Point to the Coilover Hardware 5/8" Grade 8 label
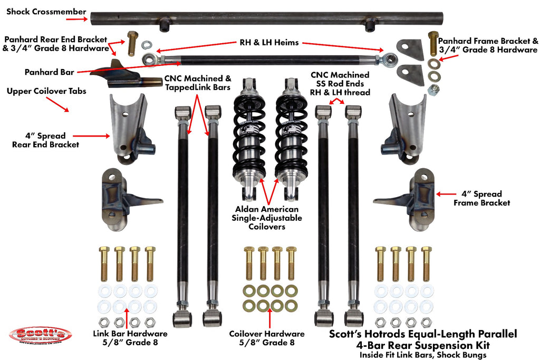pyautogui.click(x=266, y=338)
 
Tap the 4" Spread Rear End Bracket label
pyautogui.click(x=45, y=140)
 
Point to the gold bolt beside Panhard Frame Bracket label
pyautogui.click(x=433, y=43)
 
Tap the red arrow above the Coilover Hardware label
pyautogui.click(x=270, y=318)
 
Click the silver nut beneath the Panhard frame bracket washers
pyautogui.click(x=434, y=89)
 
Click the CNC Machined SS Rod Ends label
pyautogui.click(x=340, y=84)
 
